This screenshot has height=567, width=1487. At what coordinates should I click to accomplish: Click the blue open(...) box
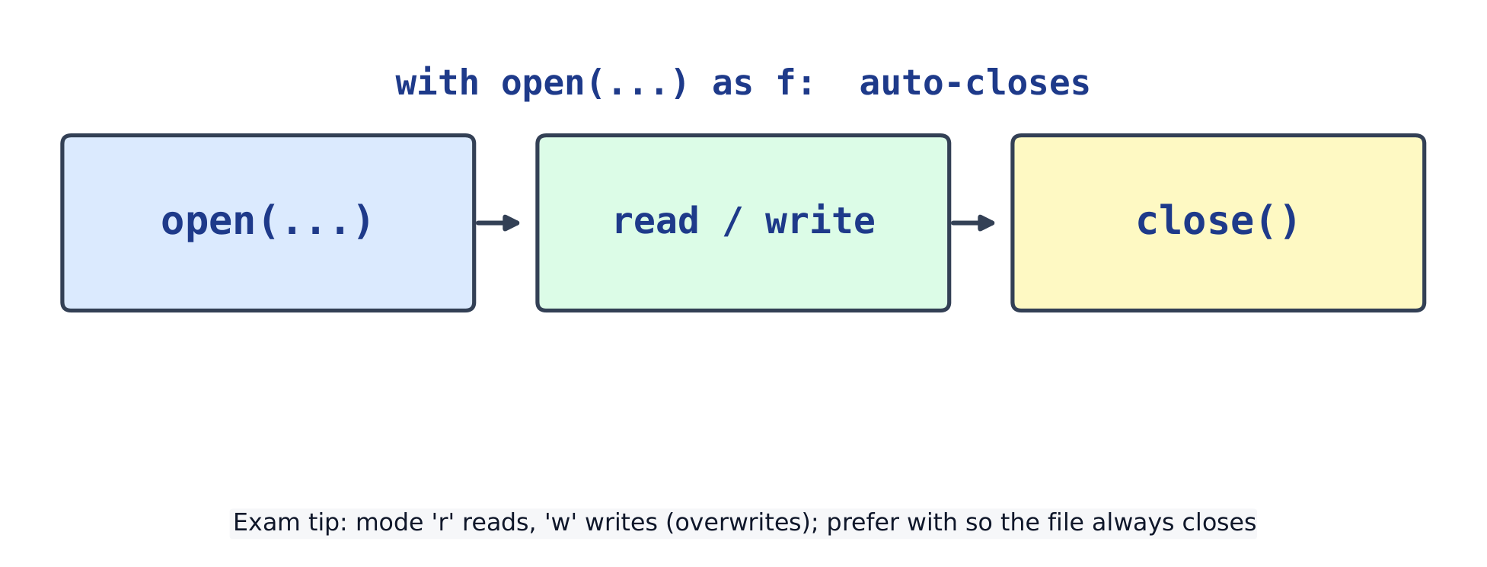(268, 223)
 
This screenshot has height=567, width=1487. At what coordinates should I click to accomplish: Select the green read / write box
(743, 223)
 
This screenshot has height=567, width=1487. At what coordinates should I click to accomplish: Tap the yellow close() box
(1218, 223)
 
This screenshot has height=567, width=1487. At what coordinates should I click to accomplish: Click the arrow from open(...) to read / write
(498, 223)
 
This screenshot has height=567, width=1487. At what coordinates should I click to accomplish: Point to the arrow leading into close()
(973, 223)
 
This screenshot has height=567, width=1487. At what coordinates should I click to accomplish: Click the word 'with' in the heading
(437, 82)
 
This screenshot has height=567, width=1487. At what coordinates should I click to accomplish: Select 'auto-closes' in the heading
(975, 82)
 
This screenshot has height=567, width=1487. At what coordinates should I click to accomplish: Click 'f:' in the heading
(796, 82)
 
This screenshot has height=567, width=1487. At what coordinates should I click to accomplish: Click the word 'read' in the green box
(656, 221)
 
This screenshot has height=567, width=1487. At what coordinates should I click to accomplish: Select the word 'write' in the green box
(820, 221)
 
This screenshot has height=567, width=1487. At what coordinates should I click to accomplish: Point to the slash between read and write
(732, 221)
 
